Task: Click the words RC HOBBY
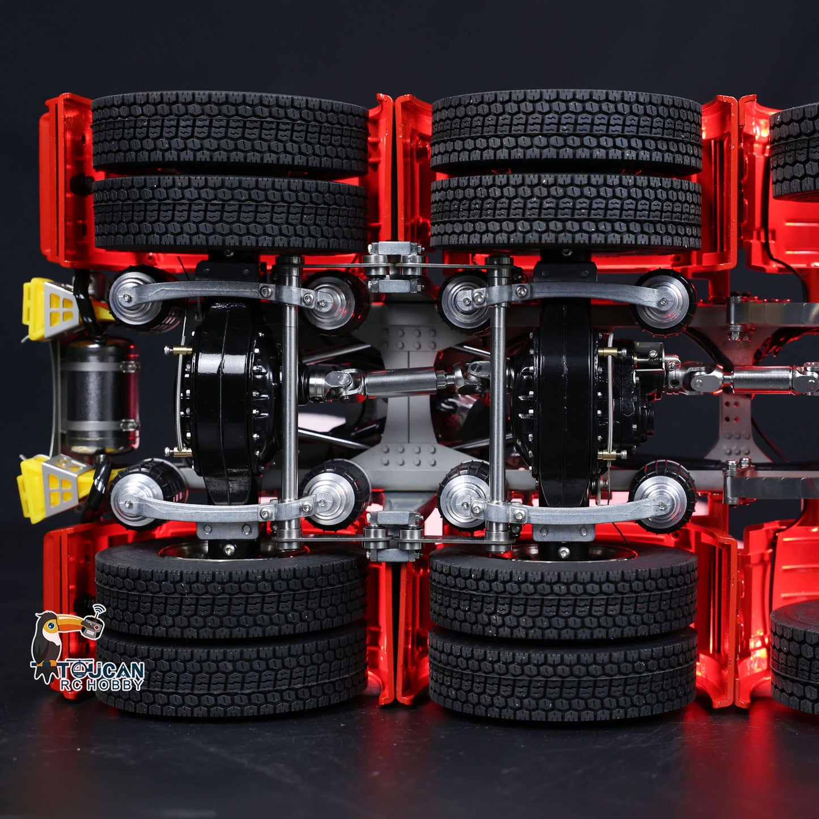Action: click(x=101, y=685)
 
